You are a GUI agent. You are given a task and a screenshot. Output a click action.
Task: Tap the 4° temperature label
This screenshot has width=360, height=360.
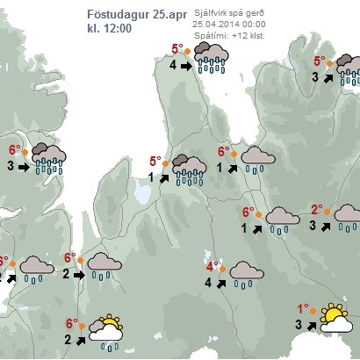click(212, 266)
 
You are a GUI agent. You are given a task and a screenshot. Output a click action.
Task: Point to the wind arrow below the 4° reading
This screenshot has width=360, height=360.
click(221, 283)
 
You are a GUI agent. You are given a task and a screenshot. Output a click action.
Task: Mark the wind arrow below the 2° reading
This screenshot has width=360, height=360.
click(326, 226)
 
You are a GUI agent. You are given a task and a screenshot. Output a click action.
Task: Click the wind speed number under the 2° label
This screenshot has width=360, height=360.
click(313, 225)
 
